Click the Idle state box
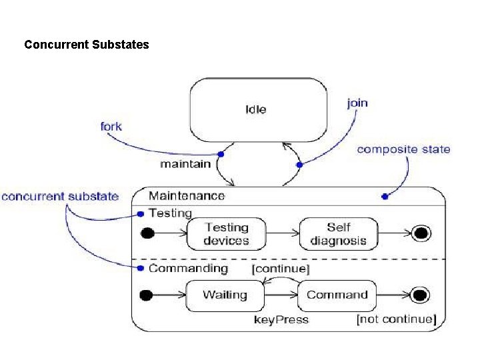(x=259, y=110)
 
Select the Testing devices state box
(x=226, y=234)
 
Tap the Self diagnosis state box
(x=338, y=234)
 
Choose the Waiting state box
(x=225, y=295)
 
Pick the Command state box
(x=337, y=295)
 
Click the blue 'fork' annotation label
(x=111, y=126)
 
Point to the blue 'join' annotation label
(x=357, y=103)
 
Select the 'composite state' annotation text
(x=403, y=149)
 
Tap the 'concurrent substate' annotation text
(x=60, y=197)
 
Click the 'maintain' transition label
(x=185, y=163)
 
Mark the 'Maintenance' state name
(x=187, y=195)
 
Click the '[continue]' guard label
(x=280, y=269)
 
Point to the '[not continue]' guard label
(x=396, y=319)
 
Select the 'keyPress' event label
(x=281, y=320)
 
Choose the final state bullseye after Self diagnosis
(x=421, y=233)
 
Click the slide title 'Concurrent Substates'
(x=87, y=45)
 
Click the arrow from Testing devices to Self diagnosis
(x=283, y=233)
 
